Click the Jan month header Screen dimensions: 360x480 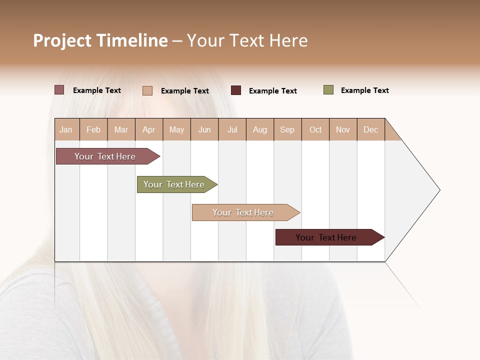point(66,129)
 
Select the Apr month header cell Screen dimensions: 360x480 point(149,129)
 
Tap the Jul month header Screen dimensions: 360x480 point(232,129)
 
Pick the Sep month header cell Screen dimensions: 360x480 point(287,129)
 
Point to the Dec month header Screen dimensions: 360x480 point(370,129)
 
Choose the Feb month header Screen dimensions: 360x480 point(93,129)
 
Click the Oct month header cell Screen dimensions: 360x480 point(315,129)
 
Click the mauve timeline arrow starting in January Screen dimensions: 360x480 point(105,156)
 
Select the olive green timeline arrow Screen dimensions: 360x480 point(174,184)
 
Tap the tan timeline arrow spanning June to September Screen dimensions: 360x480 point(243,212)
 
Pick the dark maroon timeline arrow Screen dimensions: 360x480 point(326,237)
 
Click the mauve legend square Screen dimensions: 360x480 point(59,90)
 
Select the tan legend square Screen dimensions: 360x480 point(147,90)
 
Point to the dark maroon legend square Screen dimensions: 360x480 point(235,90)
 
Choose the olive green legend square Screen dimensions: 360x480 point(328,90)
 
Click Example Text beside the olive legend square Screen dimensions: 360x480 point(364,90)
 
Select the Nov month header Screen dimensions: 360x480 point(343,129)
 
